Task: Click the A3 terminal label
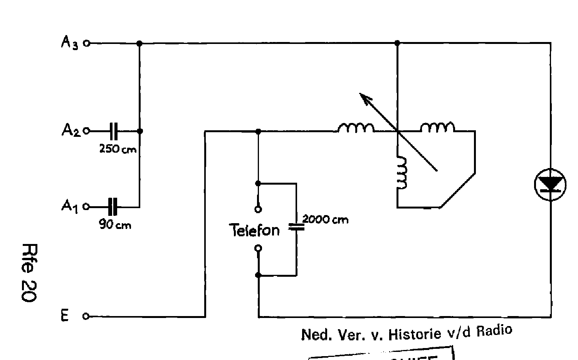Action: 70,43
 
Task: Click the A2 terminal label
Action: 71,131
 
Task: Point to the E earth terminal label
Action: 64,316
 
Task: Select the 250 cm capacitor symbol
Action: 113,131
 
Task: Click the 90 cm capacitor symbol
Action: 112,207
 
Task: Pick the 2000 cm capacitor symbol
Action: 296,227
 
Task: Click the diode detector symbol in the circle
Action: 550,185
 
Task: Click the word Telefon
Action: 254,230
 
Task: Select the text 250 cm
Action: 118,149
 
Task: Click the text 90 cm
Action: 115,225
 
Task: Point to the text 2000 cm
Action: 325,219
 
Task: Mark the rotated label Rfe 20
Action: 29,272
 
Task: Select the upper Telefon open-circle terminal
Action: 258,209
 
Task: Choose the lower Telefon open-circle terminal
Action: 258,248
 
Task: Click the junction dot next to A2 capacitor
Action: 139,131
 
